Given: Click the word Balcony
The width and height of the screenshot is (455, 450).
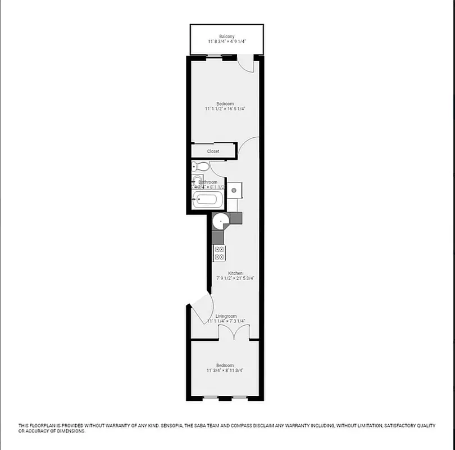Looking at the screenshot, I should coord(226,37).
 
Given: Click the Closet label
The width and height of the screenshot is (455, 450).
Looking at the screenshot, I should coord(213,151).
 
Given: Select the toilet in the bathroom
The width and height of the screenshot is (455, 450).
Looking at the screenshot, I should coord(201,166).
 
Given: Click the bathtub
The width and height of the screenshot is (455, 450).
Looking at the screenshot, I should coord(208,199).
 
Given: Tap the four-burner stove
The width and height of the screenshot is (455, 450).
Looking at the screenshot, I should coord(220,254).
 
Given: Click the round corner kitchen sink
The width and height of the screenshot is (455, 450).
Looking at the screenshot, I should coord(221,221).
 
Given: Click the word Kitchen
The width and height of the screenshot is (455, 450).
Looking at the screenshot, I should coord(235,273).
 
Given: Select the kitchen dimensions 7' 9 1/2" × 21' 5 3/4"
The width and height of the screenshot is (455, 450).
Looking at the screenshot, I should coord(235,278).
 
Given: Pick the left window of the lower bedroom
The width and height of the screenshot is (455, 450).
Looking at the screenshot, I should coord(211,398).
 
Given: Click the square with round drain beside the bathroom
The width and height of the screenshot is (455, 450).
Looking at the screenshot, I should coord(234,190).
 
